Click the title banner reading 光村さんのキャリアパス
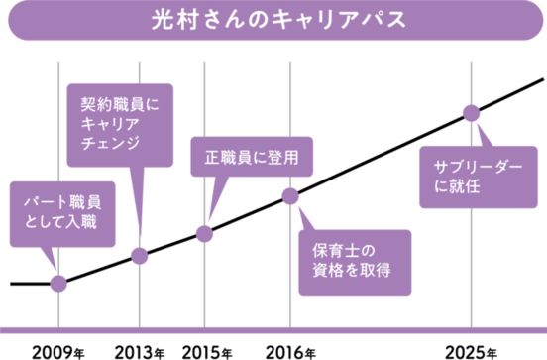[x=273, y=21]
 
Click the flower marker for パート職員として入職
[x=58, y=284]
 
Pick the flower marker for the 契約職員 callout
[x=140, y=256]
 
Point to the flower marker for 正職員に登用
[x=204, y=233]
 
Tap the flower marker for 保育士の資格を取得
[x=289, y=195]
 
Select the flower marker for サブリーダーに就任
[x=471, y=111]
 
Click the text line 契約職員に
[x=119, y=103]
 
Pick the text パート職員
[x=61, y=202]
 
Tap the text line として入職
[x=61, y=223]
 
